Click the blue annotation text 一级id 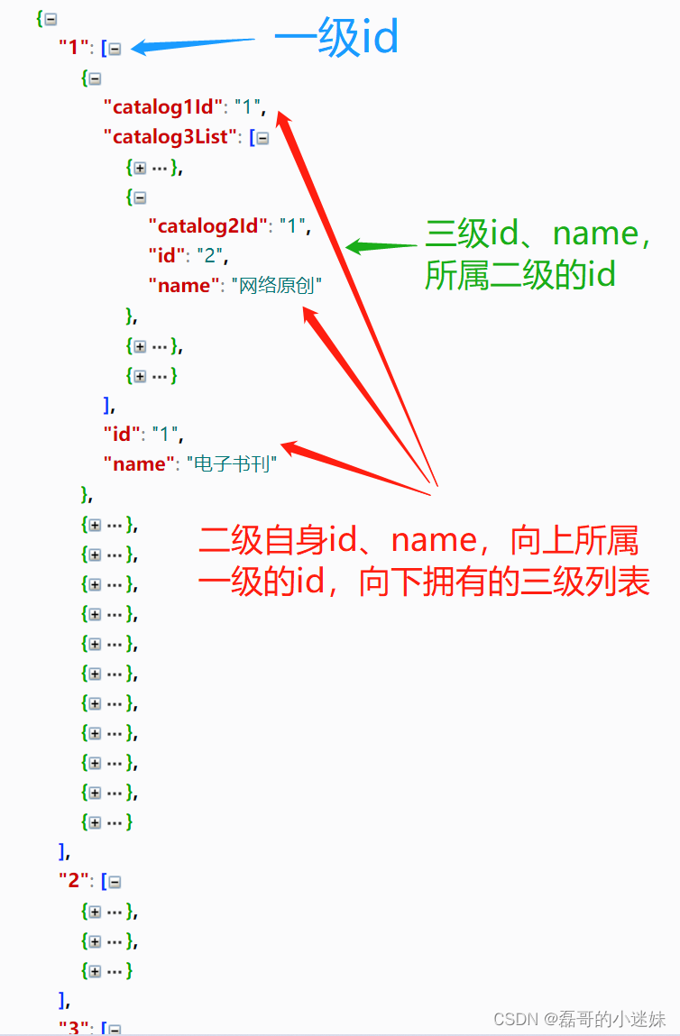336,40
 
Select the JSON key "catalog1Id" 163,107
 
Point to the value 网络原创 277,286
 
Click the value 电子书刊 231,464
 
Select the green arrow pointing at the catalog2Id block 383,245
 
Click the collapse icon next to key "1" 115,49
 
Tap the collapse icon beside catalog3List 262,138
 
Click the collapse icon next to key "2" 115,882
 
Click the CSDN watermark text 579,1018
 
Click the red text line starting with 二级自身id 418,540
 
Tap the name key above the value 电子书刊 135,464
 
